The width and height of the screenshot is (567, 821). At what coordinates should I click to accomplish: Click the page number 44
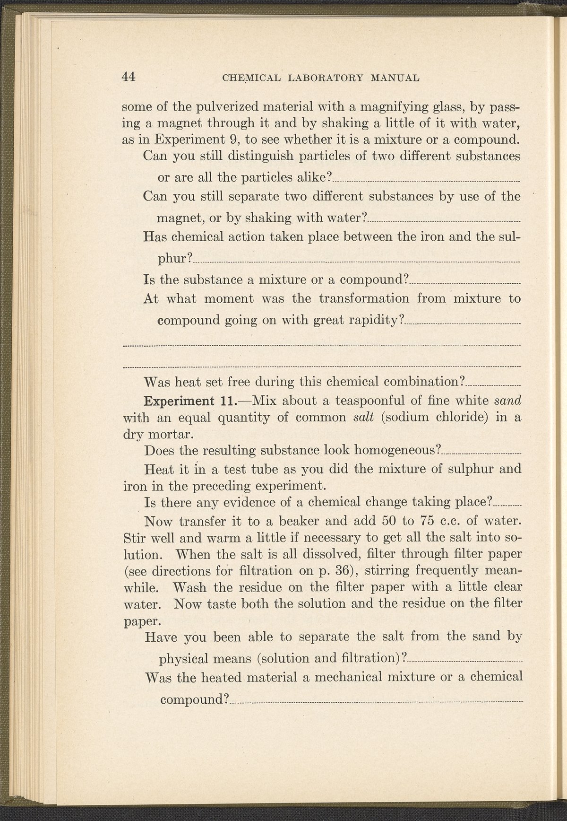129,77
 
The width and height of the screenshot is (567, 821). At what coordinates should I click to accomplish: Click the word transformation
364,299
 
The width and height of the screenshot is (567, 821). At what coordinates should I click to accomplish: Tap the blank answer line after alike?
425,181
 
